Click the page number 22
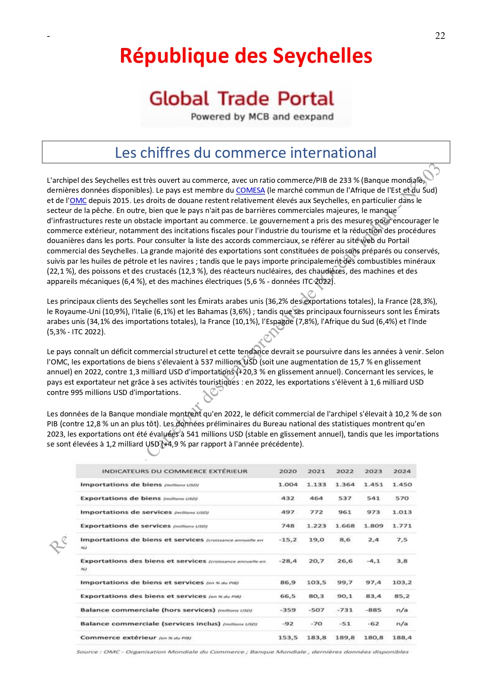pos(440,36)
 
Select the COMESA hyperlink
pos(250,190)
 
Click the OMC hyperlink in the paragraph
pos(78,201)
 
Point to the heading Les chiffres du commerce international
pos(246,153)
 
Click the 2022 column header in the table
pos(345,471)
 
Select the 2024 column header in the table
pos(402,471)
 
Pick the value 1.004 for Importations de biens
pos(288,485)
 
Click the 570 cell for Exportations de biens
pos(402,499)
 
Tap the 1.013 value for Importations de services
pos(402,512)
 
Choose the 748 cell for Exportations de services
pos(288,526)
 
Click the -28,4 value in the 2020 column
pos(288,561)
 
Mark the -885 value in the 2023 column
pos(373,610)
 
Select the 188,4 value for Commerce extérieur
pos(402,638)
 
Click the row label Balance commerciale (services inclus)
pos(150,624)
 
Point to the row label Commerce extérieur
pos(118,638)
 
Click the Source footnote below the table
pos(242,652)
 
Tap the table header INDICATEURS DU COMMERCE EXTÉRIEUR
pos(175,471)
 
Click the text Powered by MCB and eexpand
pos(262,117)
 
